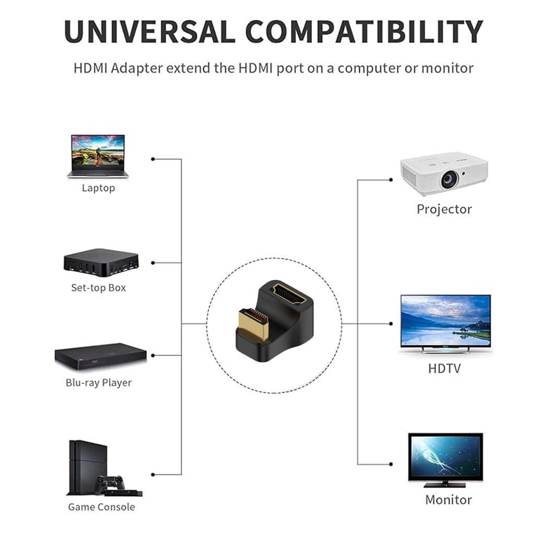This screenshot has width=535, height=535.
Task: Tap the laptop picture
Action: pyautogui.click(x=98, y=156)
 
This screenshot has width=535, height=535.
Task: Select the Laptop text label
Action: pyautogui.click(x=98, y=188)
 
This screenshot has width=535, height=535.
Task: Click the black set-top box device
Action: pyautogui.click(x=101, y=262)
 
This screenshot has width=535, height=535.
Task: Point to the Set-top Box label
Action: pyautogui.click(x=98, y=288)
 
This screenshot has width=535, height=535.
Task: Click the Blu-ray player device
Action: pyautogui.click(x=100, y=357)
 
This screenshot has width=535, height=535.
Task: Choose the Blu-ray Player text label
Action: pyautogui.click(x=98, y=383)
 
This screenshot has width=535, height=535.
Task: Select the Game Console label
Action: pyautogui.click(x=101, y=507)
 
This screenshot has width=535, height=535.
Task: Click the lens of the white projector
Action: pyautogui.click(x=448, y=180)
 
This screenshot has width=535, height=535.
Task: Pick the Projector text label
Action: pyautogui.click(x=444, y=210)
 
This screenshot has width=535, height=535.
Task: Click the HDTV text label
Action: pyautogui.click(x=444, y=368)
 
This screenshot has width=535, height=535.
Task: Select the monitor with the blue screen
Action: pyautogui.click(x=445, y=456)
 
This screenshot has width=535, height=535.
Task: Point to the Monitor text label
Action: pyautogui.click(x=448, y=500)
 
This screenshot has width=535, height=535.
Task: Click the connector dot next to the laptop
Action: pyautogui.click(x=153, y=159)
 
